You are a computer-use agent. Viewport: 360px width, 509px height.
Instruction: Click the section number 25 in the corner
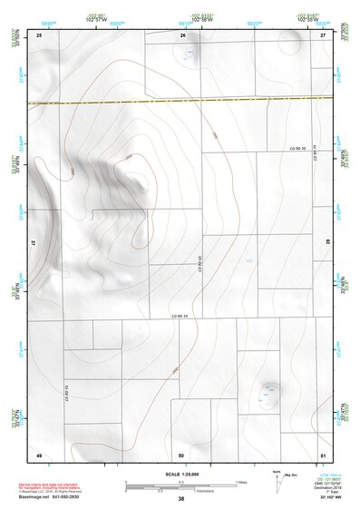[x=39, y=34]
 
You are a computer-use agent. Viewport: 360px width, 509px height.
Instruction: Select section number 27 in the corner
[x=323, y=34]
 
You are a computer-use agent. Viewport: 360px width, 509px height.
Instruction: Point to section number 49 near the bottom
[x=39, y=455]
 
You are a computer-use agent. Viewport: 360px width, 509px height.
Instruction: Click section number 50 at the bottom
[x=181, y=455]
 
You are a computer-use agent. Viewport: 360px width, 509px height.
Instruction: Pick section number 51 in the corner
[x=323, y=455]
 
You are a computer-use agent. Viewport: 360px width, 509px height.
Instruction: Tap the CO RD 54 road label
[x=179, y=315]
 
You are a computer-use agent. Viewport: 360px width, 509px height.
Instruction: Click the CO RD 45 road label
[x=199, y=267]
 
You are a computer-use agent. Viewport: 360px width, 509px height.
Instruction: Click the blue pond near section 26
[x=190, y=53]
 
